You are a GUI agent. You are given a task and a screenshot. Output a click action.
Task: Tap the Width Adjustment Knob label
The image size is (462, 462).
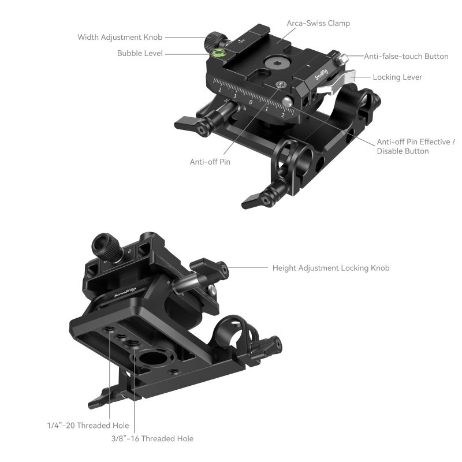120,38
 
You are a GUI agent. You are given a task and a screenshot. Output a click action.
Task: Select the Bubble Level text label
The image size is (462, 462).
140,53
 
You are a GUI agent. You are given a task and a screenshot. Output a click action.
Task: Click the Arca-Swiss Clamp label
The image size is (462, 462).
318,24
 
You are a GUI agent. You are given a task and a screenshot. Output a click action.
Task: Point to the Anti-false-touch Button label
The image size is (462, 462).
406,57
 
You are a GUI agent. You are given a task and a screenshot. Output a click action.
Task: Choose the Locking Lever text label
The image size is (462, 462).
397,77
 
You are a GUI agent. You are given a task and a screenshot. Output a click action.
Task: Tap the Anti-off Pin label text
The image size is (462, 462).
210,162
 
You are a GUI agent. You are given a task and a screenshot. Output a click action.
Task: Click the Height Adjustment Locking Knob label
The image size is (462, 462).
331,268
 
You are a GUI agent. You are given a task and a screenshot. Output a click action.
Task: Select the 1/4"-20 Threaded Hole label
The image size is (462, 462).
88,426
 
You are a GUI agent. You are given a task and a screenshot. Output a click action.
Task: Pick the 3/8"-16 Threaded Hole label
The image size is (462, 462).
152,439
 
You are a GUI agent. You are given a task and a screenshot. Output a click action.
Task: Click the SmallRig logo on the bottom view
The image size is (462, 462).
125,292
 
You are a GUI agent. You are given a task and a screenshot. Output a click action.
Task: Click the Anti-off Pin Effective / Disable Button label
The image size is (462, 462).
416,146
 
